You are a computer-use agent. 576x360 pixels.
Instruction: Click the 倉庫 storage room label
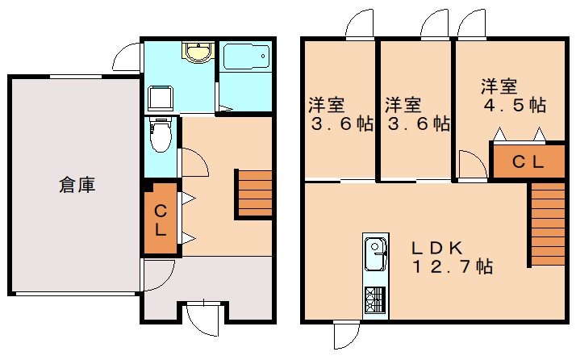click(x=77, y=185)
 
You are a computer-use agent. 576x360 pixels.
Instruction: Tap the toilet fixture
click(x=162, y=134)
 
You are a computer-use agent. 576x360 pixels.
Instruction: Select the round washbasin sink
click(x=196, y=53)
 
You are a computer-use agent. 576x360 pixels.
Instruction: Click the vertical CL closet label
click(x=160, y=220)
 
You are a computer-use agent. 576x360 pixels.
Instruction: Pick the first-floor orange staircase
click(x=254, y=193)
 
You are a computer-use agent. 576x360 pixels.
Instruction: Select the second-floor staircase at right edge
click(x=546, y=224)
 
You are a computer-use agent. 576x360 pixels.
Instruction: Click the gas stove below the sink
click(x=375, y=300)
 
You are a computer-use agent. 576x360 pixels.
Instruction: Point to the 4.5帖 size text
click(x=514, y=105)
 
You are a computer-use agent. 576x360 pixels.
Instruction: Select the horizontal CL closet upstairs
click(x=528, y=161)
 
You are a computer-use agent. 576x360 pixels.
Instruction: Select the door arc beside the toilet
click(x=194, y=161)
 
